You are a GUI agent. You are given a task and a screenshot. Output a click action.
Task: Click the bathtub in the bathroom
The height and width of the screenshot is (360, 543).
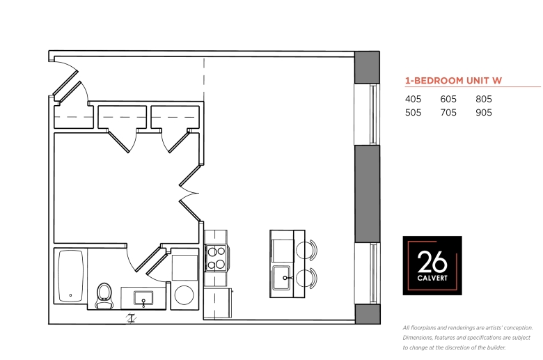point(70,276)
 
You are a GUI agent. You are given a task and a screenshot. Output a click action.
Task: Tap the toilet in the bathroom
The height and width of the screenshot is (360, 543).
point(104,296)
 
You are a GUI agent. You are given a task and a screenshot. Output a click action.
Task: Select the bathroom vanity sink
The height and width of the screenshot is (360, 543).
point(143,298)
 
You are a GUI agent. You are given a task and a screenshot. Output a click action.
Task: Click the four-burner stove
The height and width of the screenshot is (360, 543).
point(217,258)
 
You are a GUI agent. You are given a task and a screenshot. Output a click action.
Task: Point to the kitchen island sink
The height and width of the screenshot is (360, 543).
point(281,278)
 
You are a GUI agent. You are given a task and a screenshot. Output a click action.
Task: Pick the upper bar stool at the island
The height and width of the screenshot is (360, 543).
point(306,249)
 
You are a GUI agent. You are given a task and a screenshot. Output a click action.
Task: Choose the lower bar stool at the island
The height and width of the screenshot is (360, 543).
point(306,278)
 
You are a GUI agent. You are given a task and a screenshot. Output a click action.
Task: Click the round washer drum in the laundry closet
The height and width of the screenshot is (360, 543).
point(184,295)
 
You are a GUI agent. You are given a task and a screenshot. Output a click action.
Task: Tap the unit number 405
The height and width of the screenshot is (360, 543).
point(413,99)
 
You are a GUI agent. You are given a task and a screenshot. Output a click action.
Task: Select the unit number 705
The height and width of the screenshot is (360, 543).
point(448,113)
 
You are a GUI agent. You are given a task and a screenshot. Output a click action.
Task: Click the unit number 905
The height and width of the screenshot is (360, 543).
point(484,113)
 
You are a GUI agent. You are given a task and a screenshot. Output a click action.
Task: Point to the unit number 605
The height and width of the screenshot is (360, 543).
point(448,99)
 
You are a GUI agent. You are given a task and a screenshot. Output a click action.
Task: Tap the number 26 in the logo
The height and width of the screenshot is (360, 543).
point(432,262)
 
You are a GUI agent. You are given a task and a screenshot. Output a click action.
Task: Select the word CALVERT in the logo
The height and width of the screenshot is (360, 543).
point(432,278)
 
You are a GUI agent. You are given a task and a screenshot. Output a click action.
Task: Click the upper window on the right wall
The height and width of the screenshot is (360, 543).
point(367,114)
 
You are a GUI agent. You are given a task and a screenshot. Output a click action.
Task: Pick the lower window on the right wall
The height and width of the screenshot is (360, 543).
point(367,274)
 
